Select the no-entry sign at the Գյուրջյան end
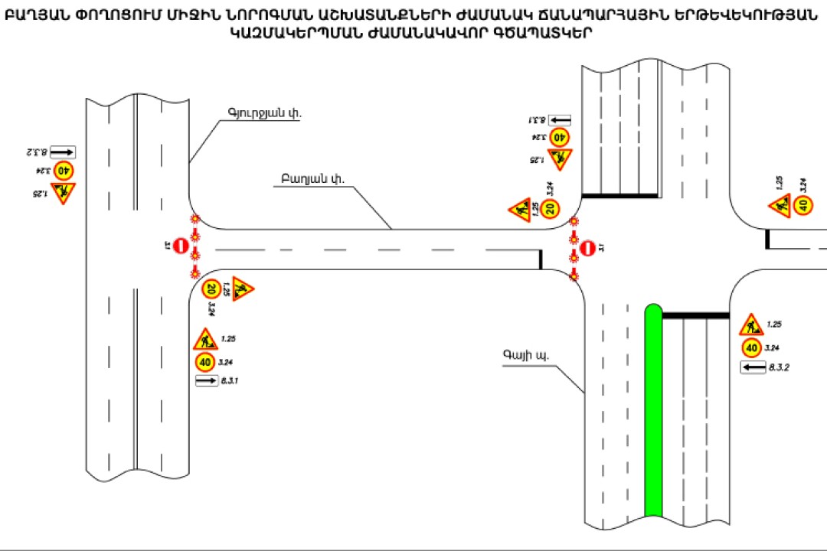[x=180, y=246]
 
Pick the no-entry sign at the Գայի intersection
[x=587, y=247]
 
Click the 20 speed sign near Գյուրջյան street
[x=211, y=289]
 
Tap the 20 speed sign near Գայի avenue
[x=551, y=208]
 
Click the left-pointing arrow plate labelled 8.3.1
[x=561, y=119]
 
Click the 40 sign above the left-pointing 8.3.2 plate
[x=751, y=349]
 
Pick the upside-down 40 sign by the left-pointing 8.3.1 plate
[x=560, y=138]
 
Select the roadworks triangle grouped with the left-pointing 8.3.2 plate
[x=750, y=325]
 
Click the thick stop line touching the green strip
[x=695, y=315]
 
